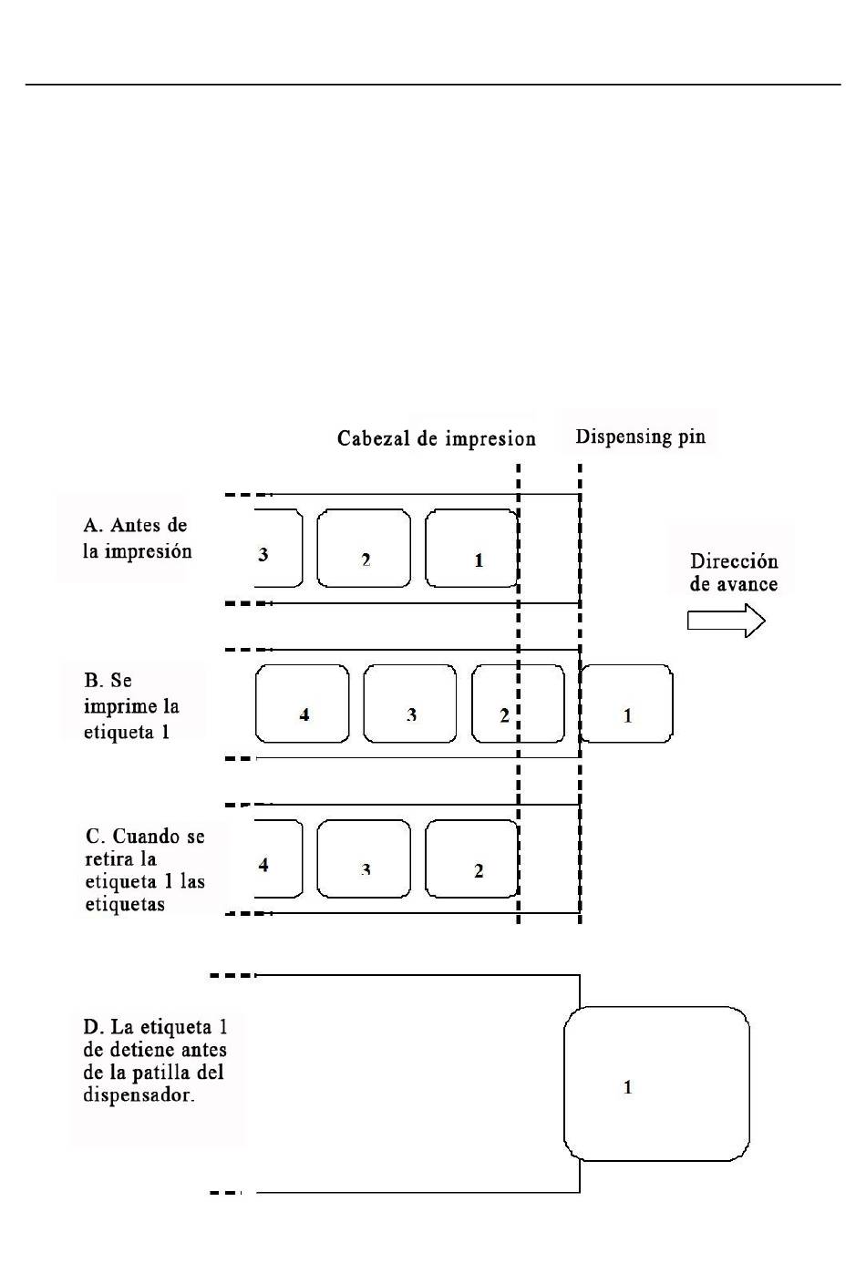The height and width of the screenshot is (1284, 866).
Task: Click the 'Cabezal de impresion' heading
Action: [x=436, y=438]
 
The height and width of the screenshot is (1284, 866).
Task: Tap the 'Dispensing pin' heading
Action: [x=640, y=437]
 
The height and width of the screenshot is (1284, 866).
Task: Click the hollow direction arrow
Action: [x=726, y=621]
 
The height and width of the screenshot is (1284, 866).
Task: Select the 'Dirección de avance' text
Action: [x=734, y=572]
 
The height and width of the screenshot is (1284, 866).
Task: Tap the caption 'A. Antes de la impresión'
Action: [x=137, y=538]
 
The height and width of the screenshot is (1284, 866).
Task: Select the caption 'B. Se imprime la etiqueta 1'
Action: [x=131, y=705]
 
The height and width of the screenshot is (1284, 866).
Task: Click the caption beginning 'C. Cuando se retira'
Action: [x=145, y=869]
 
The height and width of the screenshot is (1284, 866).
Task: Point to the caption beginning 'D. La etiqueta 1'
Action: [x=155, y=1061]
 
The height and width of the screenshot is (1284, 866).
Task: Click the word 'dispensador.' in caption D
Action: [x=139, y=1094]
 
